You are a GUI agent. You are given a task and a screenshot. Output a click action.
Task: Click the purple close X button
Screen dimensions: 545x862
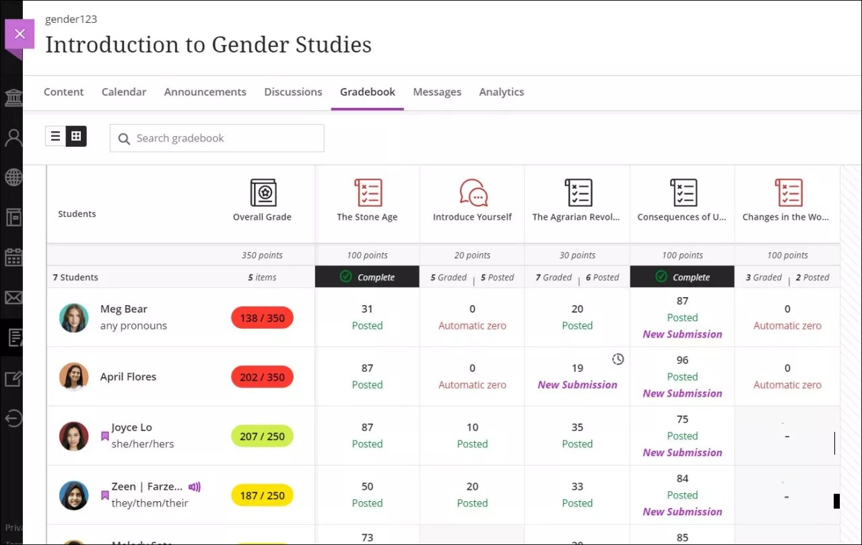[20, 34]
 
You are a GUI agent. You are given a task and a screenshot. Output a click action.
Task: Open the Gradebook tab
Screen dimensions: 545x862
[367, 92]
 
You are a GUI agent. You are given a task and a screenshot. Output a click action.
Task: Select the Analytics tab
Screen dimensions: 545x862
[501, 92]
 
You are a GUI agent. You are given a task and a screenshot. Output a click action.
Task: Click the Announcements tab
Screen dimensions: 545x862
[205, 92]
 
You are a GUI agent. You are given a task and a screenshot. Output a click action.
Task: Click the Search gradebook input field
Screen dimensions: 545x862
[217, 138]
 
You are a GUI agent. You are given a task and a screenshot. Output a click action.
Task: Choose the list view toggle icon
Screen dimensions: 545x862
[56, 136]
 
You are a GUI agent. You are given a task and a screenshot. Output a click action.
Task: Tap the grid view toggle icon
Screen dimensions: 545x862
[76, 136]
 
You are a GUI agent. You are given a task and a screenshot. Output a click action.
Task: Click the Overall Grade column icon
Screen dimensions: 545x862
[262, 193]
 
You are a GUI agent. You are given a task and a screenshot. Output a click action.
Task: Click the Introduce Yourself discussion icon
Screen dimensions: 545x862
[472, 193]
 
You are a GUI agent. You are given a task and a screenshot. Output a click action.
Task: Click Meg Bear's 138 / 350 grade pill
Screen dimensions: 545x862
[262, 318]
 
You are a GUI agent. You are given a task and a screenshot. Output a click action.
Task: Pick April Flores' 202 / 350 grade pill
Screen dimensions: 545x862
[262, 377]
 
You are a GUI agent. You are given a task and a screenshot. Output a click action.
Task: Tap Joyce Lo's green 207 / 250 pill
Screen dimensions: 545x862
[262, 437]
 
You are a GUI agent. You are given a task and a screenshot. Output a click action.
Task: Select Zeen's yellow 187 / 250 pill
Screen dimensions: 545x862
[262, 496]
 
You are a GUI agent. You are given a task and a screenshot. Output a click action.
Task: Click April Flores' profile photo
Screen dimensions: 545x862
[73, 377]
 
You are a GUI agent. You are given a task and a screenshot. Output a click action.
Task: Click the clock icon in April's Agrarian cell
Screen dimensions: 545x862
[618, 360]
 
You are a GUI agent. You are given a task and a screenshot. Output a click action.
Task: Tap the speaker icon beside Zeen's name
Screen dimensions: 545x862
[195, 487]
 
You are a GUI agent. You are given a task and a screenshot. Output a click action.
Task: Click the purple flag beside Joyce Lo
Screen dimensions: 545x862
[104, 437]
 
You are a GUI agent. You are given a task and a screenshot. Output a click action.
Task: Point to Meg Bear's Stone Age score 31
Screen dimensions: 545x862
[367, 309]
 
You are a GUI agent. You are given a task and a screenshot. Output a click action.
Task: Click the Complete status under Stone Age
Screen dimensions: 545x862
[367, 277]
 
